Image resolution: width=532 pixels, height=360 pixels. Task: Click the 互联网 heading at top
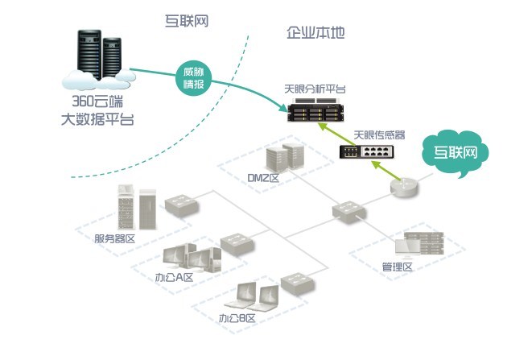pos(186,21)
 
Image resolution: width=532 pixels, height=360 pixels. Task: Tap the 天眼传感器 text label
pos(379,134)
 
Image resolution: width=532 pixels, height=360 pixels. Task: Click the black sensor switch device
pos(367,151)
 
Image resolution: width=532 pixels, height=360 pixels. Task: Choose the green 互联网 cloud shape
pos(456,151)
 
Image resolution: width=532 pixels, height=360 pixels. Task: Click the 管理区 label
pos(397,266)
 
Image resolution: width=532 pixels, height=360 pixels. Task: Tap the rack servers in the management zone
pos(424,243)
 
